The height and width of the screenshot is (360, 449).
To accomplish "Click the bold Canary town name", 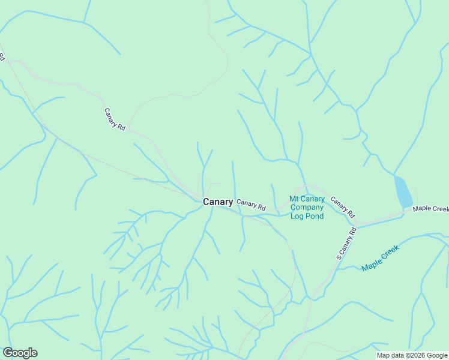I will pos(218,202).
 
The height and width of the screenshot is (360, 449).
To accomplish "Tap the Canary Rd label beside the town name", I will pos(251,205).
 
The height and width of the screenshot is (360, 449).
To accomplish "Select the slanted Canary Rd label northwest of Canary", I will pos(115,119).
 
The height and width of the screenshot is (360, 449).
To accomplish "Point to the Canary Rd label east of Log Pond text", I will pos(343,208).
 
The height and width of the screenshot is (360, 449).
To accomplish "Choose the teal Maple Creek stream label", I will pos(380,257).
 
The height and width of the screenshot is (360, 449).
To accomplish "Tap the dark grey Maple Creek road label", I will pos(430,209).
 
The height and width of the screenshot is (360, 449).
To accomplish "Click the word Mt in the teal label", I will pos(294,199).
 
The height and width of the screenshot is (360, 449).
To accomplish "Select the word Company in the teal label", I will pos(307,208).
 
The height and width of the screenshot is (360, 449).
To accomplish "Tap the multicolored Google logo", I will pos(20,353).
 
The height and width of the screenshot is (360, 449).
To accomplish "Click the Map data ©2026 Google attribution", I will pos(411,355).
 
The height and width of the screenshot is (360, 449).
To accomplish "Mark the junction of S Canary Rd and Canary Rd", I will pos(355,224).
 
